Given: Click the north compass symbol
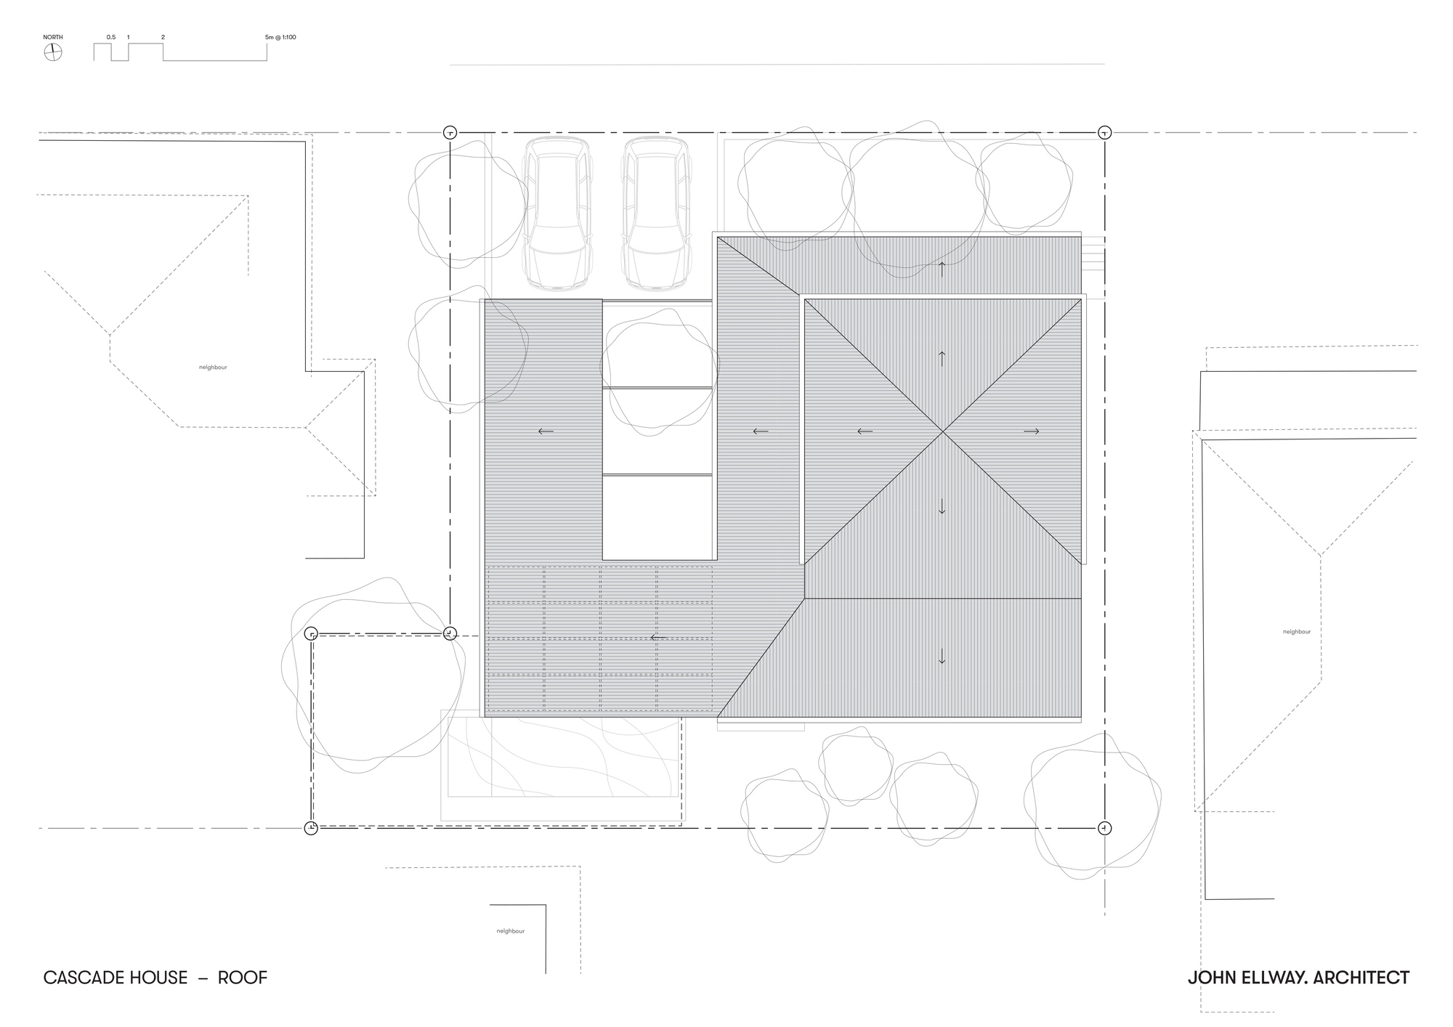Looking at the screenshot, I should tap(53, 52).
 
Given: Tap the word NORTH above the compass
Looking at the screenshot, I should tap(53, 37).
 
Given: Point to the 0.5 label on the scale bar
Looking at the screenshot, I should tap(111, 37).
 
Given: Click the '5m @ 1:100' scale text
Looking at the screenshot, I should tap(280, 37).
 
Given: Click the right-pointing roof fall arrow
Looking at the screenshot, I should tap(1031, 431).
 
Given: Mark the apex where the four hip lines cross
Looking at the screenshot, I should tap(943, 431).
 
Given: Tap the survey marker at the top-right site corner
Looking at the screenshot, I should tap(1104, 132).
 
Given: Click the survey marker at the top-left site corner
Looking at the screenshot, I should tap(450, 132).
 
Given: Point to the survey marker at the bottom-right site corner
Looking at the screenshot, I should tap(1104, 827).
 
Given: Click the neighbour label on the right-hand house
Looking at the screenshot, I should tap(1297, 632).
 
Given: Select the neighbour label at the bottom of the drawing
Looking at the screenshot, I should tap(511, 931).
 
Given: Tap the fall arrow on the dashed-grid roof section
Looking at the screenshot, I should tap(658, 638).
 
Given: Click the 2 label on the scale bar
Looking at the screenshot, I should tap(163, 37).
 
